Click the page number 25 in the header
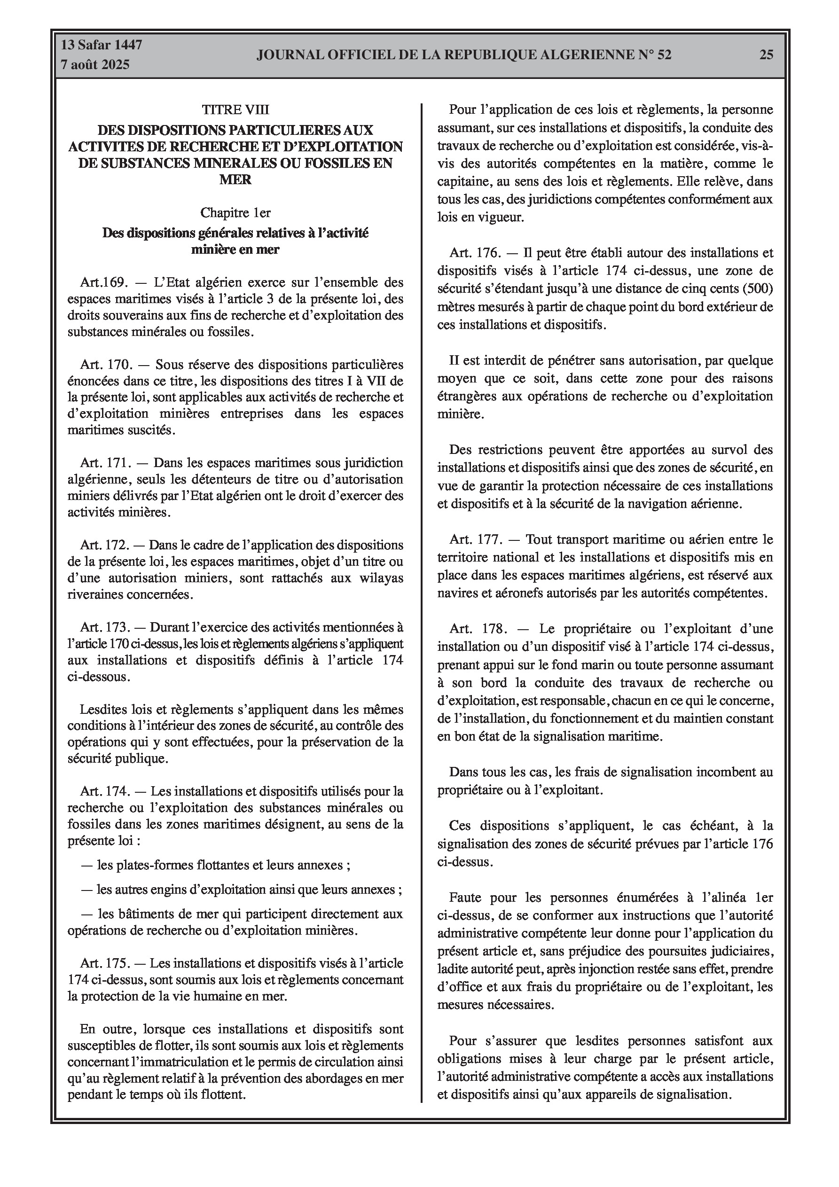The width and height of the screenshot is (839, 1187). tap(766, 55)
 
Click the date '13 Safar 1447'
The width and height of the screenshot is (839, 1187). tap(102, 45)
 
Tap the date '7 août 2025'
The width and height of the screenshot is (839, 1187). tap(95, 65)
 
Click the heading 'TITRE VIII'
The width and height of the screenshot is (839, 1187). tap(235, 109)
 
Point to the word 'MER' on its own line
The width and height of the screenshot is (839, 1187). tap(235, 180)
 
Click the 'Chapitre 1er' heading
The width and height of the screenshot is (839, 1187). tap(235, 212)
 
